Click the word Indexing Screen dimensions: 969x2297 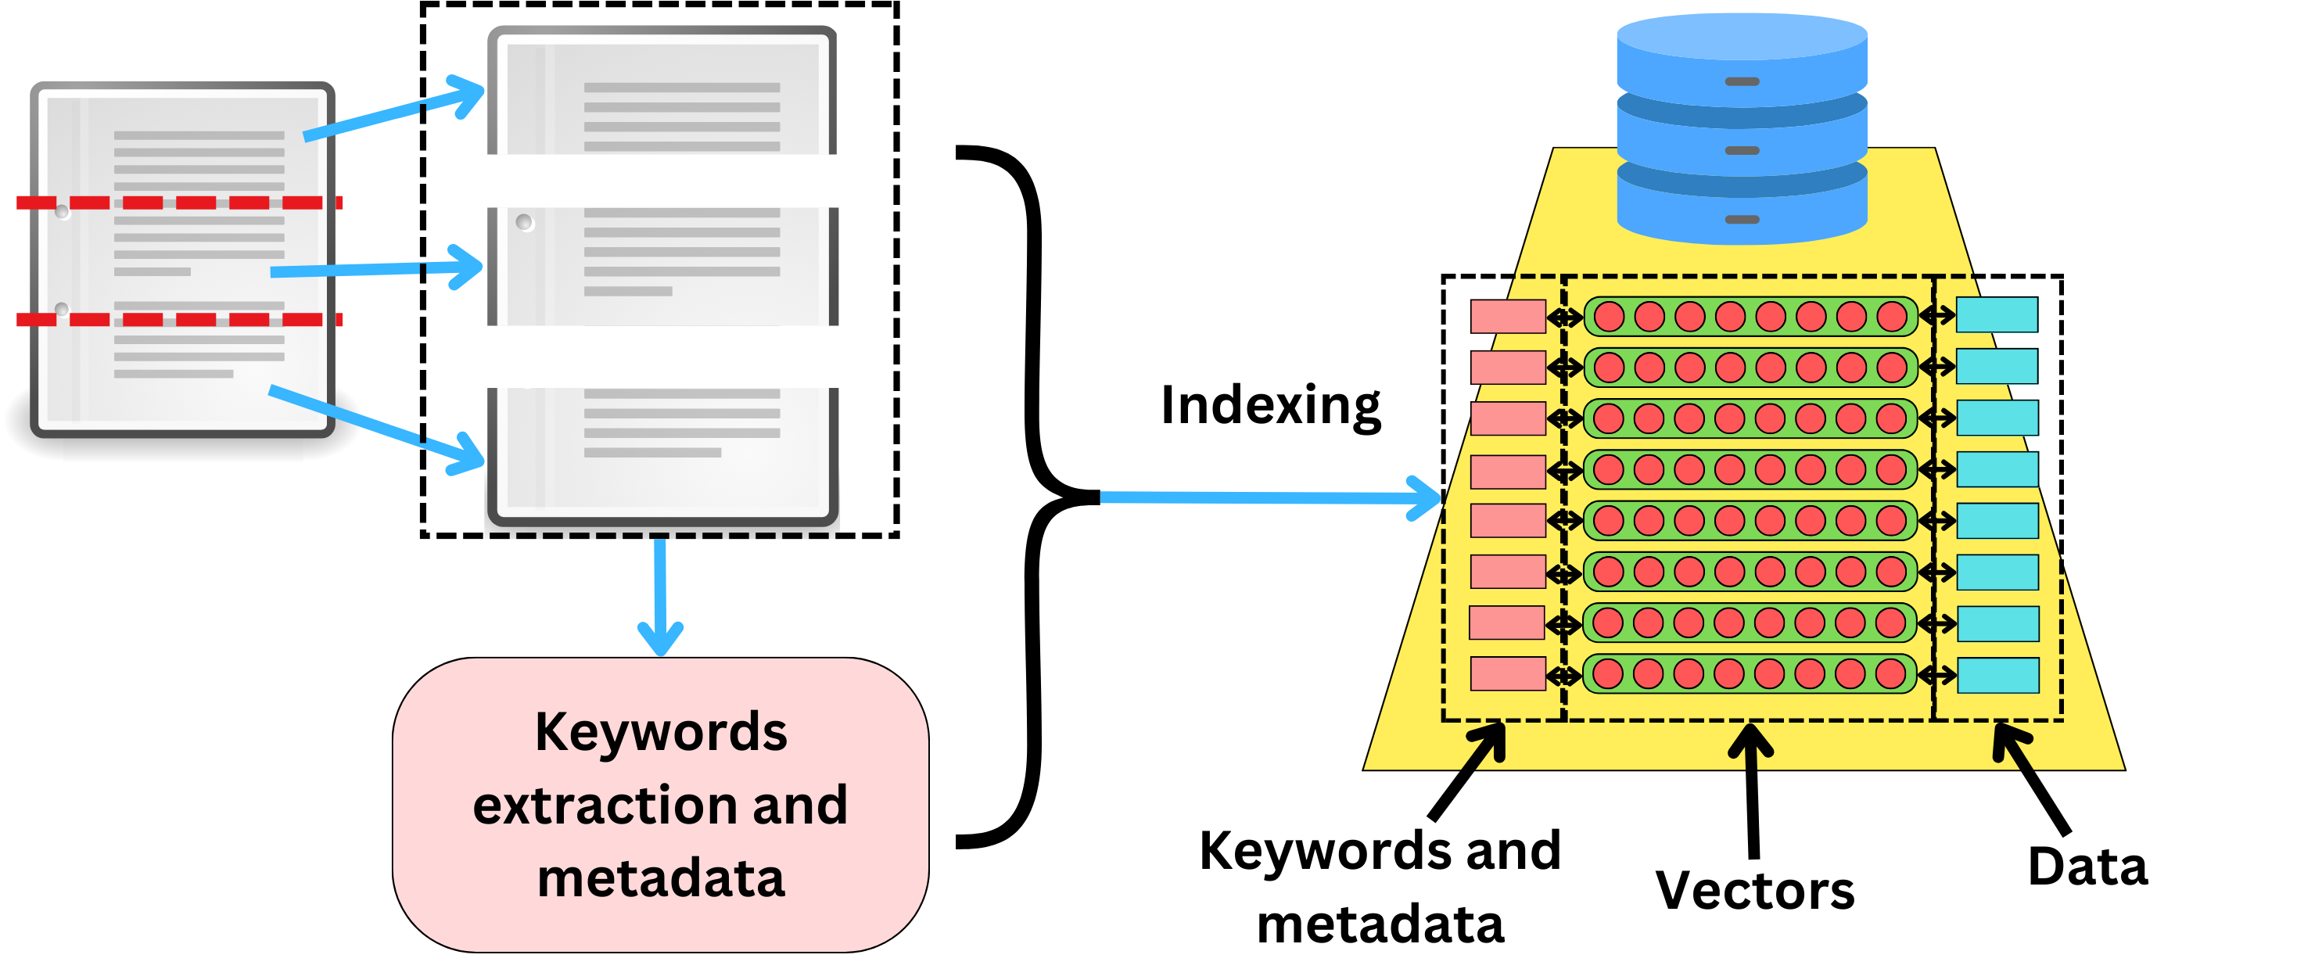1270,407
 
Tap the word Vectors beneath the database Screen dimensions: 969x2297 1754,890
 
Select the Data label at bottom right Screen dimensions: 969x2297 2087,867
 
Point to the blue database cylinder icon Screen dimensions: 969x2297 1742,129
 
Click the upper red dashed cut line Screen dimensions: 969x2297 178,203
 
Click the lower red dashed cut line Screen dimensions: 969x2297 178,319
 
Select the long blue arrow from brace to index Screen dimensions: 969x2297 1266,497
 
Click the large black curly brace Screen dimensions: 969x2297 1035,496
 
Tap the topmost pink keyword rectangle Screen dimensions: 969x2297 1507,316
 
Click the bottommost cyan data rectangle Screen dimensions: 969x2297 1997,675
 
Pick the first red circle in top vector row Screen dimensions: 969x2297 1609,316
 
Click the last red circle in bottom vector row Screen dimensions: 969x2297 1890,674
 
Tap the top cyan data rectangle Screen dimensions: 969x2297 1997,314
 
